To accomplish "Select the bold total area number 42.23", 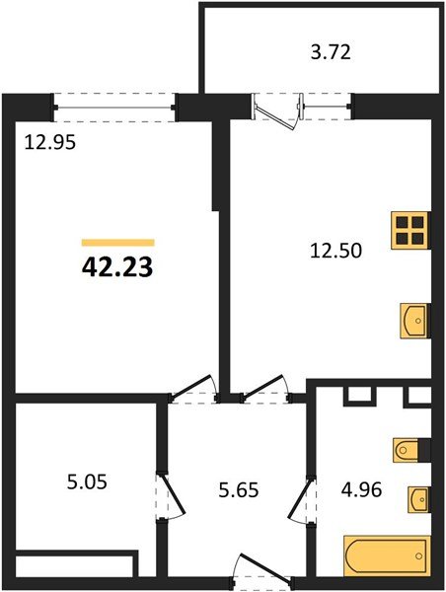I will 117,267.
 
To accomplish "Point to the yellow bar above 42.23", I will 117,242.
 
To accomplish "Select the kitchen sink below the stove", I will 414,321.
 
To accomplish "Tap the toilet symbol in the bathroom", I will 409,451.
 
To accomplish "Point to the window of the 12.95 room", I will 114,101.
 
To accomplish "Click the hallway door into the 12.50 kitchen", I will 263,389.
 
